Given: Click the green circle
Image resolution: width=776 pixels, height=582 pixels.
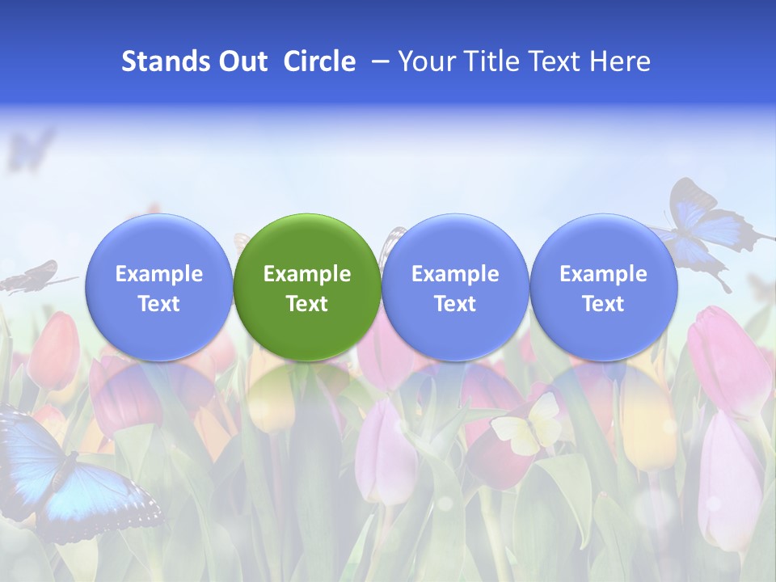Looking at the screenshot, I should point(307,287).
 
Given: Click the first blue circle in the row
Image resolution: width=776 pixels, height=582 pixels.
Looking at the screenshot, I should point(159,287).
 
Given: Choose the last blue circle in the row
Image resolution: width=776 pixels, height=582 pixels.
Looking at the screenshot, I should point(603,287).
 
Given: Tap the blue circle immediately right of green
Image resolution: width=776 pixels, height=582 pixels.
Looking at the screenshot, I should point(455,287).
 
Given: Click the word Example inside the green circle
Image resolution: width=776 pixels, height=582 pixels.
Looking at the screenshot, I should point(307,274).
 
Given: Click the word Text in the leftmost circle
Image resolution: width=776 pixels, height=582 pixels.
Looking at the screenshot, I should point(159,304).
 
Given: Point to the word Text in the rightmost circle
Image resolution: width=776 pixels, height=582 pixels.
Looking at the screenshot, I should point(603,304).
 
